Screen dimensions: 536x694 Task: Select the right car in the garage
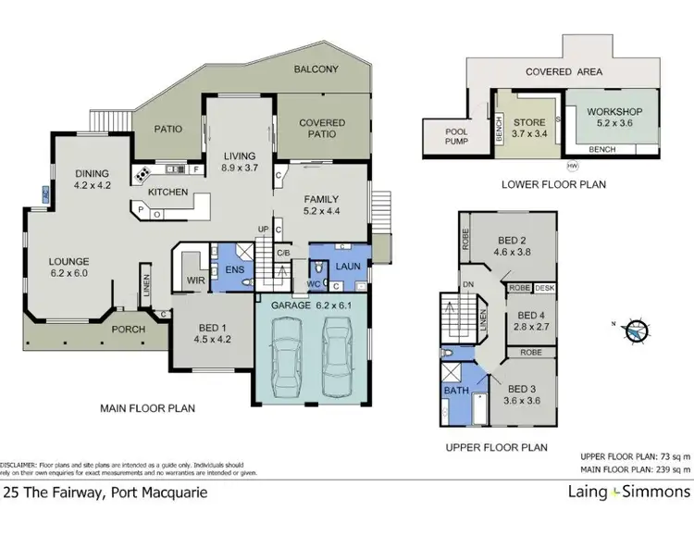[335, 355]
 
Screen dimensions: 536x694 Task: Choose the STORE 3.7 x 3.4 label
[530, 125]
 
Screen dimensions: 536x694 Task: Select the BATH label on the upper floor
[457, 392]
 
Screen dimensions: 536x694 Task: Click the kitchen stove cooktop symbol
[143, 172]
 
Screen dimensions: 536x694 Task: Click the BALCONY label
[316, 69]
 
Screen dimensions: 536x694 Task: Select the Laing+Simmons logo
[633, 492]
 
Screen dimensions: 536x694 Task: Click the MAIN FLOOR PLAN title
[153, 408]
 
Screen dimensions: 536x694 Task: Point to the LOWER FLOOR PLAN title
[553, 184]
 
